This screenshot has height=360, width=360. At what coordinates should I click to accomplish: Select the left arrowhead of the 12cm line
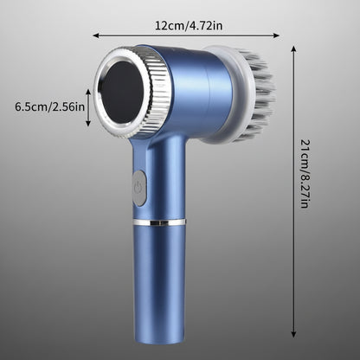pyautogui.click(x=96, y=35)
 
